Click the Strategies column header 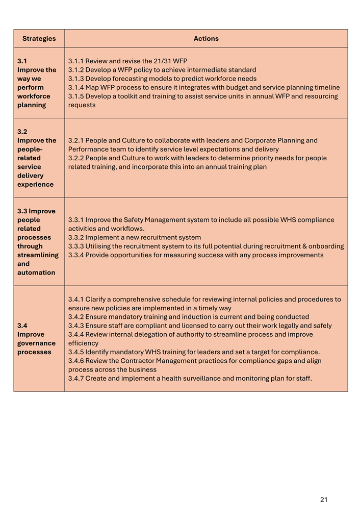(39, 39)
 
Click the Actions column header (206, 39)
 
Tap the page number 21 (324, 500)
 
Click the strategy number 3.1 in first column (22, 61)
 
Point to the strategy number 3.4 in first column (22, 326)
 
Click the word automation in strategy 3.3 (36, 272)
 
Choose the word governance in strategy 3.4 (36, 343)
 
